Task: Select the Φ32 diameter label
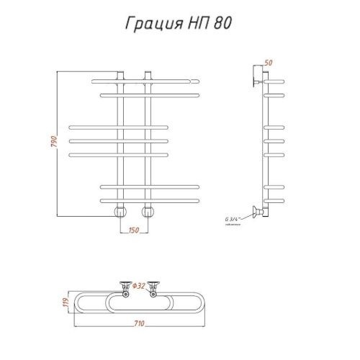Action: pyautogui.click(x=140, y=286)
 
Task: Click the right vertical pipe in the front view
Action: pyautogui.click(x=148, y=144)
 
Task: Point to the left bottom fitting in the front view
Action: pyautogui.click(x=120, y=212)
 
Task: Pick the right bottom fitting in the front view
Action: pyautogui.click(x=148, y=212)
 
